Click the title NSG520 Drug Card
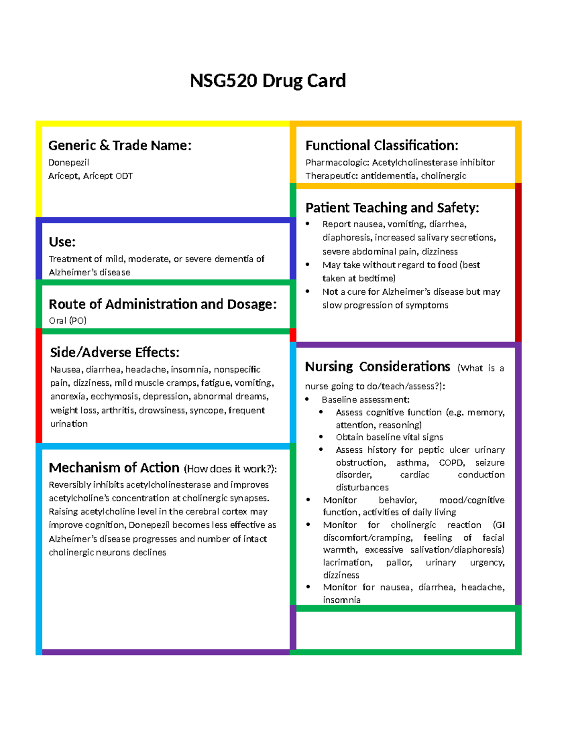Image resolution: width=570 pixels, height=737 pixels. click(x=267, y=81)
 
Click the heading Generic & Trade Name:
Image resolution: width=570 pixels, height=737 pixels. click(x=120, y=145)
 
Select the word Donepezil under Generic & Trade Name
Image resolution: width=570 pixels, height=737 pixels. click(x=68, y=162)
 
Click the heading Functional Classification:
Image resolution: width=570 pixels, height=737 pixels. click(x=381, y=145)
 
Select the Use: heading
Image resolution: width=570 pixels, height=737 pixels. click(x=62, y=242)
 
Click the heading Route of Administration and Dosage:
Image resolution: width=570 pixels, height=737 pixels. click(x=162, y=304)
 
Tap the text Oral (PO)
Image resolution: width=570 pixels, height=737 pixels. click(x=67, y=320)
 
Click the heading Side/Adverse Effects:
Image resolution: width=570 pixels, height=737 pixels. click(x=114, y=353)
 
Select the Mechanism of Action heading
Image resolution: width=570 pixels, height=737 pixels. click(x=114, y=468)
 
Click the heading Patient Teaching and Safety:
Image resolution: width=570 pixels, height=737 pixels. click(x=392, y=208)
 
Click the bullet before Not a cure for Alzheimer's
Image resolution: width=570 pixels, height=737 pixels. click(x=308, y=291)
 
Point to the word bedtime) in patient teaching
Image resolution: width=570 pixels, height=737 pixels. click(x=377, y=278)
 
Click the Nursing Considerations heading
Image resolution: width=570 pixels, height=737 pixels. click(x=377, y=367)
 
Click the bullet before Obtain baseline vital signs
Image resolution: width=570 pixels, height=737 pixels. click(x=322, y=437)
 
